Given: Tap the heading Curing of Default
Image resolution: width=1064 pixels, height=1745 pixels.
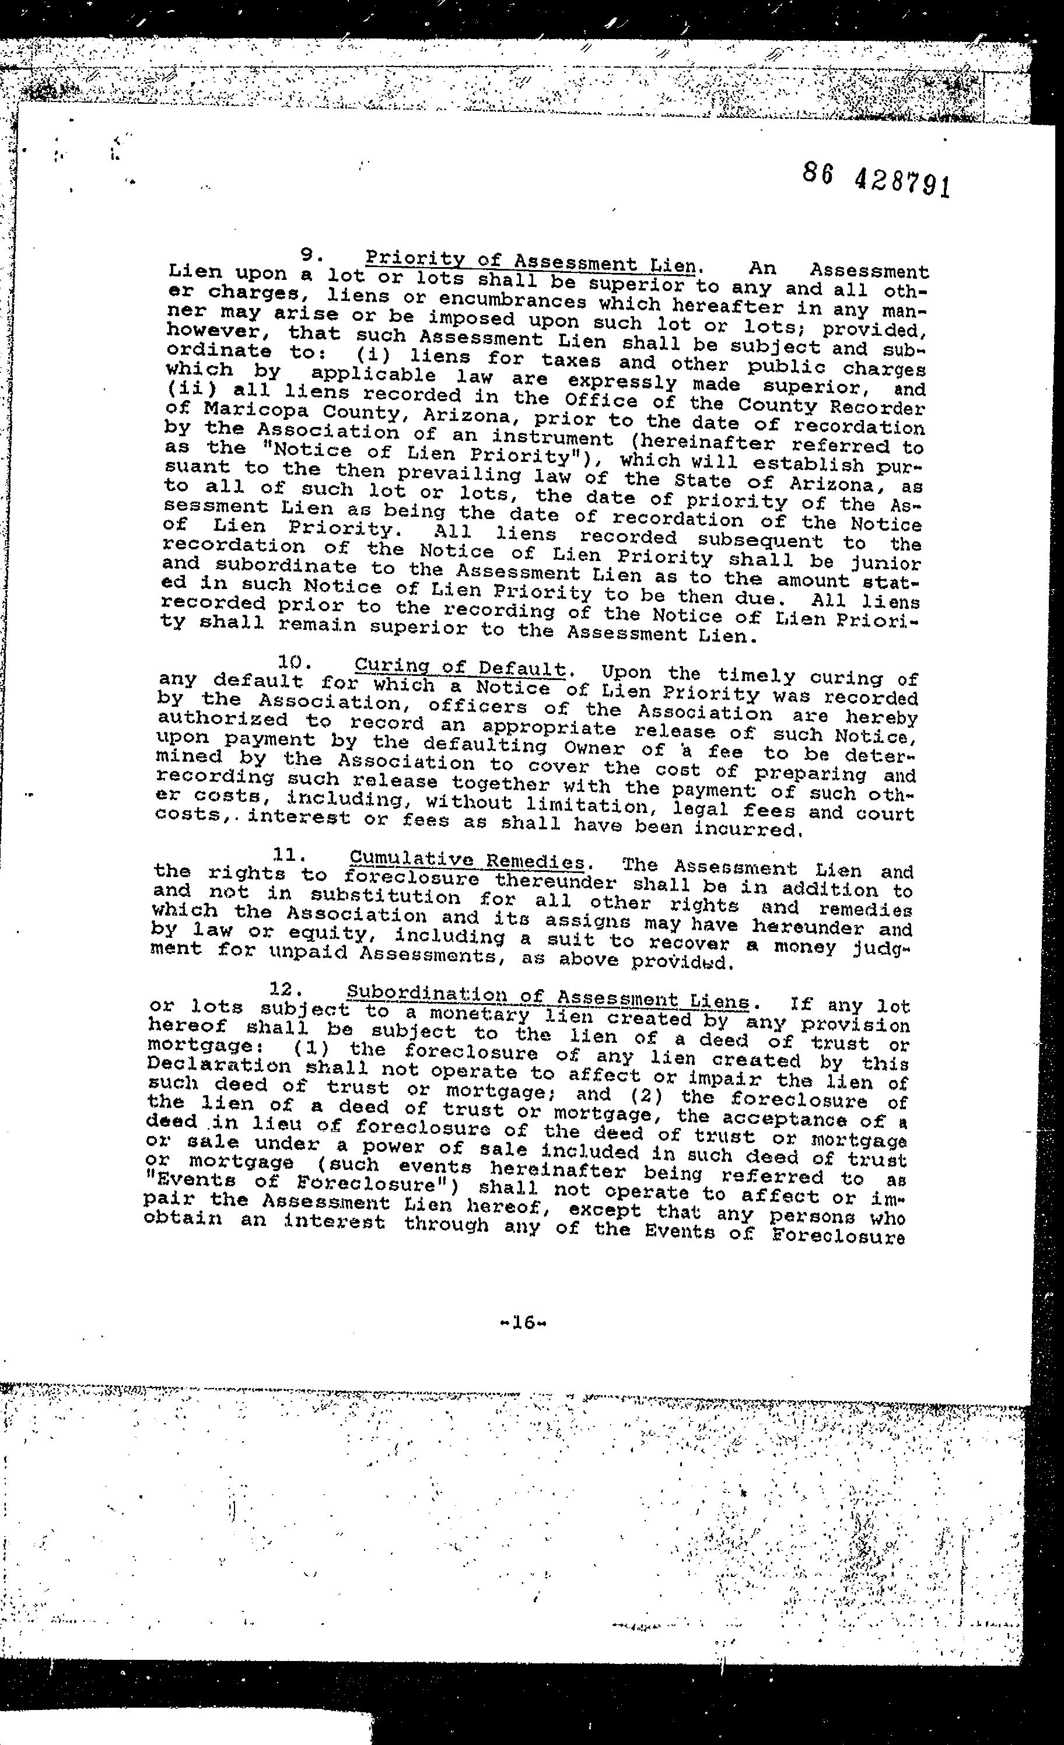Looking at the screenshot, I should coord(460,667).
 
